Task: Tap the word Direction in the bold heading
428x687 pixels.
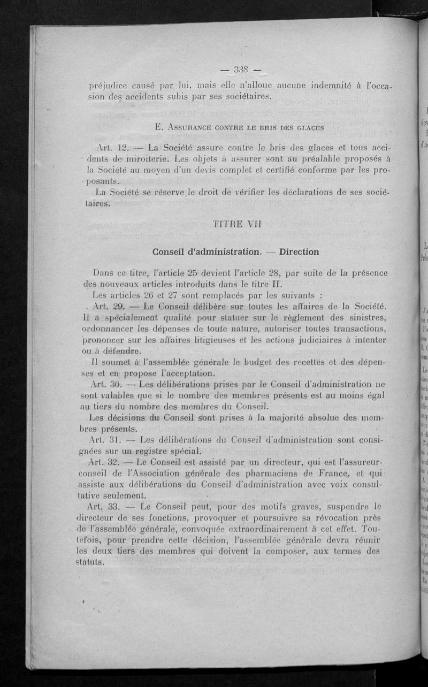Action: pyautogui.click(x=299, y=251)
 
